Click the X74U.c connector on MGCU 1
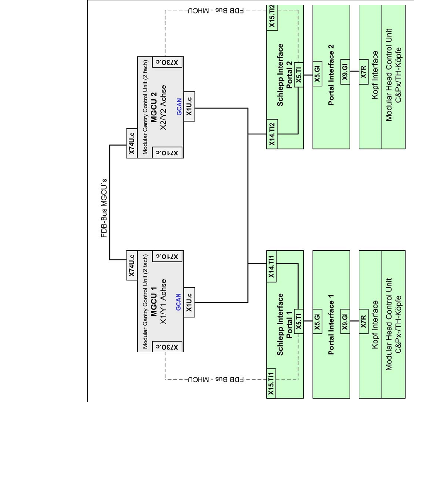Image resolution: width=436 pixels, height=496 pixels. coord(132,265)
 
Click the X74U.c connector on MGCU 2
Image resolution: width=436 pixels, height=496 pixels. coord(132,143)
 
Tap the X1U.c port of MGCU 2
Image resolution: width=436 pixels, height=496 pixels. coord(189,107)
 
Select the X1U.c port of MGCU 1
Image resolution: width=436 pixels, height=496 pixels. coord(189,302)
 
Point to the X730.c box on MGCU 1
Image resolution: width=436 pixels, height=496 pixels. coord(167,347)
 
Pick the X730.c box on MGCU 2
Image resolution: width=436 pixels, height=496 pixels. coord(167,62)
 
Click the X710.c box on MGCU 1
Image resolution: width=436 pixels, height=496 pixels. coord(167,256)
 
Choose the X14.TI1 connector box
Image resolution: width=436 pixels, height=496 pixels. coord(271,266)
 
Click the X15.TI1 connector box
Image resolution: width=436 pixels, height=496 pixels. coord(271,383)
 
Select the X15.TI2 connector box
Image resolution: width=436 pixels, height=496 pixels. coord(272,17)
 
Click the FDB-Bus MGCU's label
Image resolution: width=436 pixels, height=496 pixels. coord(104,208)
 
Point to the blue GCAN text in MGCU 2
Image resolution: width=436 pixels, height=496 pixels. coord(179,107)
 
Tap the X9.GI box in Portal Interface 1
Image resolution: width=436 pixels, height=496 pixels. coord(345,321)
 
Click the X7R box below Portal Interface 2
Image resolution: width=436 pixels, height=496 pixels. coord(363,72)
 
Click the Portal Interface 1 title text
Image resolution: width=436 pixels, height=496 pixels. coord(331,325)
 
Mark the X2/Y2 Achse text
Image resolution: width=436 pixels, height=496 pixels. coord(164,107)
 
